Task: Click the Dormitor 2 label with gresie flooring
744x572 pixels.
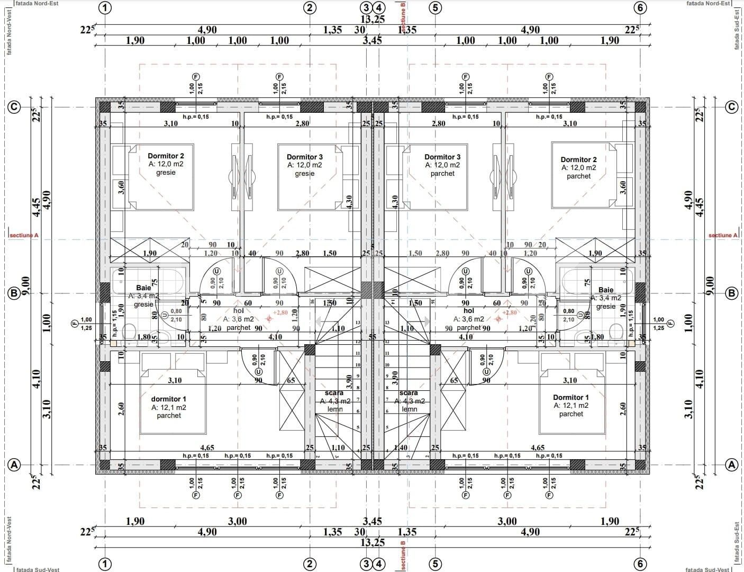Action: pos(166,156)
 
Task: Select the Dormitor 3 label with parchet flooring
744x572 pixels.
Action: pos(442,157)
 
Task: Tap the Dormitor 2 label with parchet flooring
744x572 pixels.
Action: pos(578,159)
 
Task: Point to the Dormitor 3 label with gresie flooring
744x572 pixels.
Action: pos(304,157)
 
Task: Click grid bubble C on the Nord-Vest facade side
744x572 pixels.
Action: pos(14,107)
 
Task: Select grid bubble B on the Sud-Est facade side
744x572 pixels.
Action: pos(732,293)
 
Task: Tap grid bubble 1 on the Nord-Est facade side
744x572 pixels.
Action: pos(106,7)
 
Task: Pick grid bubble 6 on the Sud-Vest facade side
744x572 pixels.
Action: pos(640,564)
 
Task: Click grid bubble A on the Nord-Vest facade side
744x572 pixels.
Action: pos(14,465)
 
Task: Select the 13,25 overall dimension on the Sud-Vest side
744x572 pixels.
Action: pos(372,542)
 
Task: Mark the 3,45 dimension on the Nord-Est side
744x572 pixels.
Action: pos(372,40)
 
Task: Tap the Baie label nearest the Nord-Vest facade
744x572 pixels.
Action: pos(143,288)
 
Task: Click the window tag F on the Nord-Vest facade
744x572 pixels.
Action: pos(74,323)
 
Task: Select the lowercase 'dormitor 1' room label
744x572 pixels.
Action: pos(168,399)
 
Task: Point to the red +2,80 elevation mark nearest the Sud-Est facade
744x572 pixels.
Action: pos(509,312)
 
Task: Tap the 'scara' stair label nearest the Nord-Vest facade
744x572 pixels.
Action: pos(334,393)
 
